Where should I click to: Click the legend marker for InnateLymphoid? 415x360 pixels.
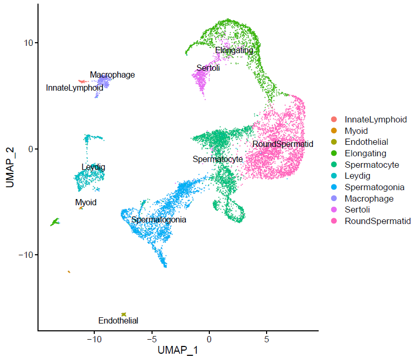(x=334, y=120)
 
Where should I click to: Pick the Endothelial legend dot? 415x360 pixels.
(x=334, y=142)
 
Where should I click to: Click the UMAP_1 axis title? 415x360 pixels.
(x=178, y=350)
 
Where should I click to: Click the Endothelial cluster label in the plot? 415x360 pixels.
(x=118, y=321)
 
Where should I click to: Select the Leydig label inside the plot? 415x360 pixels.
(x=93, y=167)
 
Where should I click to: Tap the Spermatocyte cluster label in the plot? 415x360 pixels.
(x=218, y=159)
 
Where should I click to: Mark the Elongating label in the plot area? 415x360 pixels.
(x=234, y=51)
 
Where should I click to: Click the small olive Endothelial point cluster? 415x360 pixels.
(x=124, y=314)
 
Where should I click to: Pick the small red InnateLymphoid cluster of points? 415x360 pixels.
(x=82, y=81)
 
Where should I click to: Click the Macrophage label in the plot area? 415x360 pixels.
(x=112, y=75)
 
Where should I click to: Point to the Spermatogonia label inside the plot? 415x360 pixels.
(x=159, y=220)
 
